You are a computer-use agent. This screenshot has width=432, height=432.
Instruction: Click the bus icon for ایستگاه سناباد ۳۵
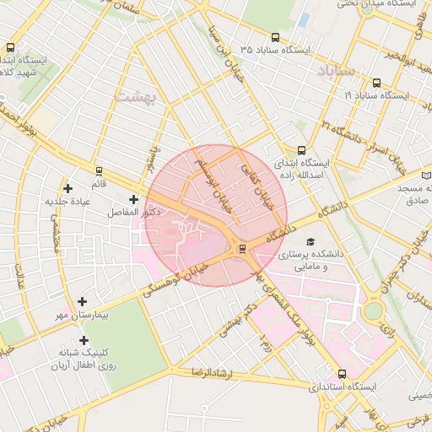click(276, 37)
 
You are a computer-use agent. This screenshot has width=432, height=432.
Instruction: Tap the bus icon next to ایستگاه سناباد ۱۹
click(375, 84)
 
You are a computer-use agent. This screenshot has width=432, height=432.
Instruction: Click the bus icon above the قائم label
click(100, 170)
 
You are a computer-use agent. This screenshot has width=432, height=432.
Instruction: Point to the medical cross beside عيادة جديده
click(68, 187)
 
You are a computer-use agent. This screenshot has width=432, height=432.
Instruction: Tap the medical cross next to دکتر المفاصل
click(133, 199)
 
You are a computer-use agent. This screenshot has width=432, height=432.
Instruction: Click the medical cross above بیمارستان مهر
click(82, 301)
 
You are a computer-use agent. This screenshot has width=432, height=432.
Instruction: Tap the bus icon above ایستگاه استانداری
click(341, 374)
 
